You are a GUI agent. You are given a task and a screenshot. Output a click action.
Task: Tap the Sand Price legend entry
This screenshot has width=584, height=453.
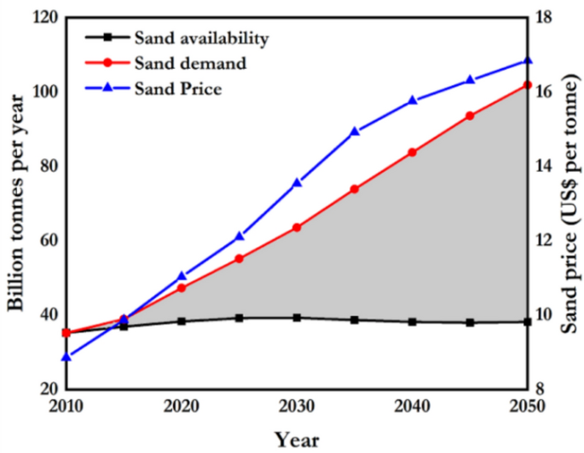coord(178,89)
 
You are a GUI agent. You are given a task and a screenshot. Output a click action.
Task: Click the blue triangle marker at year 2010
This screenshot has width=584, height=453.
coord(66,357)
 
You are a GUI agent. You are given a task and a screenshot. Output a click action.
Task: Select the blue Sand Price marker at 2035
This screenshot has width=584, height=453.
coord(355,132)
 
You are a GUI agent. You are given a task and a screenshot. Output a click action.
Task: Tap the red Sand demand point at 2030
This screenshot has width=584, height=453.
coord(297,227)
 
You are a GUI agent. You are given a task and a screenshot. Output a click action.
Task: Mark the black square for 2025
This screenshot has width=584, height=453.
coord(240,318)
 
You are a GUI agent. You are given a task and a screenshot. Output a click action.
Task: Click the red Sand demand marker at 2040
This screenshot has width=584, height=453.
coord(413,152)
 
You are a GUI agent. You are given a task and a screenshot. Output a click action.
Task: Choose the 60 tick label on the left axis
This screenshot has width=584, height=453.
coord(46,240)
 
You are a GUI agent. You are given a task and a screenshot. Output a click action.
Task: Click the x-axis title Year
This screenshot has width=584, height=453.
coord(297,439)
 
